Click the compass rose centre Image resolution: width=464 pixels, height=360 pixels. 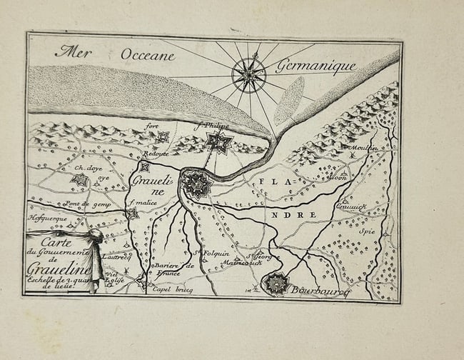(249, 74)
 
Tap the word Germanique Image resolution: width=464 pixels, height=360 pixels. (316, 66)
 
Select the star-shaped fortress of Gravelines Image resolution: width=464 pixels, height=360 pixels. (194, 185)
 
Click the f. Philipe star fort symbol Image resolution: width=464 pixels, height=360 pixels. (218, 142)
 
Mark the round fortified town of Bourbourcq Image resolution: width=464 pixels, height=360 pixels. (276, 284)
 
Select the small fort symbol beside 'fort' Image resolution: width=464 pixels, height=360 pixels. (164, 137)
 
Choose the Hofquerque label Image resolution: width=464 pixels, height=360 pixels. (46, 218)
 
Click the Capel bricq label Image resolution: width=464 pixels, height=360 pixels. (173, 291)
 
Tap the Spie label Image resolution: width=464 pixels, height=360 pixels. (367, 231)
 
